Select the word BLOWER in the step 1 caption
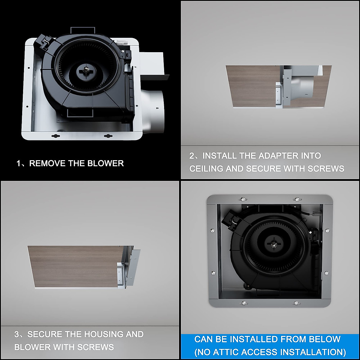(106, 163)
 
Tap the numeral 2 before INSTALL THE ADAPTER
(192, 156)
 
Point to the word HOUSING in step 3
(104, 334)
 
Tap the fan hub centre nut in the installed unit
(274, 244)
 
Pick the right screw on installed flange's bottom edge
(296, 303)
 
